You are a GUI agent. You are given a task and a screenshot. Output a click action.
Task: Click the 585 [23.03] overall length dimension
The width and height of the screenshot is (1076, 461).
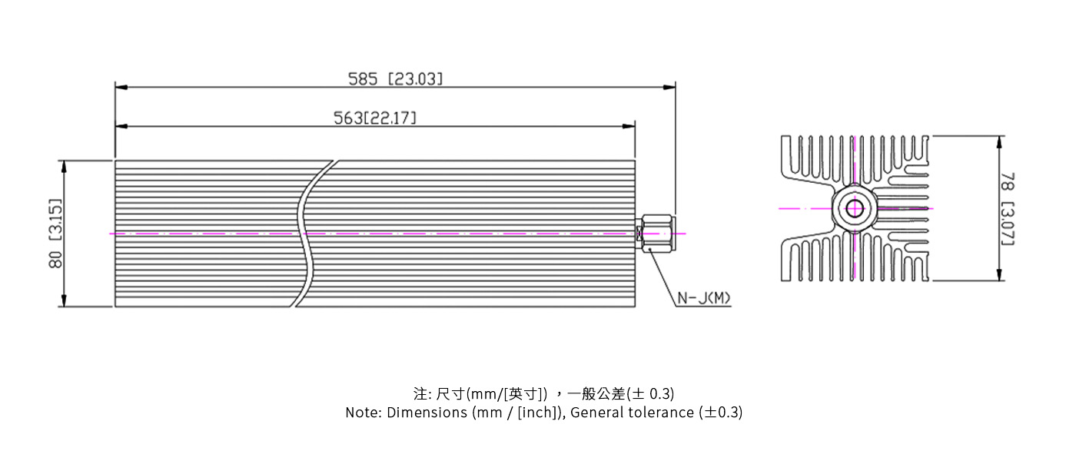tap(395, 78)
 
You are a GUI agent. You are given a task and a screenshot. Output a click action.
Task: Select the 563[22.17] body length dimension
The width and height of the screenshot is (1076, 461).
tap(374, 118)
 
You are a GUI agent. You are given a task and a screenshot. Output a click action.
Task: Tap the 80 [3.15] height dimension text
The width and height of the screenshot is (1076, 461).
tap(55, 234)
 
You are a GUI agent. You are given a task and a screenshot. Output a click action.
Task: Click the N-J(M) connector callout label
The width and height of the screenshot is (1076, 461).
tap(703, 298)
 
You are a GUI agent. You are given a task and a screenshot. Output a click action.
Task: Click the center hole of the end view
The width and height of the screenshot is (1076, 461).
tap(854, 208)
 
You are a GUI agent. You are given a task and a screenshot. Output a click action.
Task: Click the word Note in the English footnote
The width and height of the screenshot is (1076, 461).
tap(361, 413)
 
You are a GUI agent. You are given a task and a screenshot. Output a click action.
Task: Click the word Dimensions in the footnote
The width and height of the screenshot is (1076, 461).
tap(427, 413)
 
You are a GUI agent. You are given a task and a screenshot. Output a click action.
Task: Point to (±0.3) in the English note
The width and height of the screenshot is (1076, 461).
tap(721, 413)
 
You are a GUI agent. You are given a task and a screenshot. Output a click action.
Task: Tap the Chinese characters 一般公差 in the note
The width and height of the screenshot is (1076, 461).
tap(596, 394)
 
